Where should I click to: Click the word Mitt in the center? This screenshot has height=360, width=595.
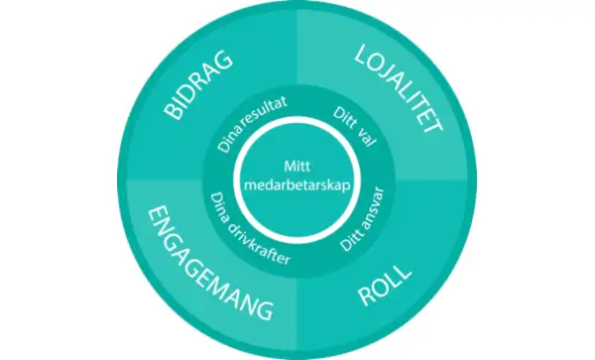point(297,167)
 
